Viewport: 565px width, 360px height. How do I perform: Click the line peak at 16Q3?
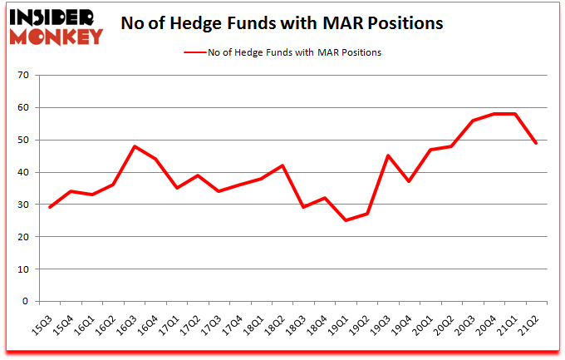pyautogui.click(x=135, y=147)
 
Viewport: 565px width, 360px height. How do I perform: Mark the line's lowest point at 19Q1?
pyautogui.click(x=345, y=221)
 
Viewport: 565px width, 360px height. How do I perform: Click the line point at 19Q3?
pyautogui.click(x=387, y=156)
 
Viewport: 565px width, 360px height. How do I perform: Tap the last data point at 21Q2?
pyautogui.click(x=535, y=143)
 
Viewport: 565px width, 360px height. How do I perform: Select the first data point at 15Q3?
pyautogui.click(x=50, y=208)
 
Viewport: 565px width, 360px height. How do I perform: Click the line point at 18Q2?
pyautogui.click(x=282, y=165)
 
